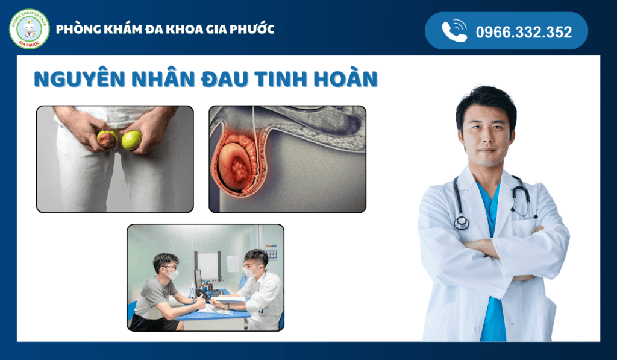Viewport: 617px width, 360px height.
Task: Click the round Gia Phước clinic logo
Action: point(30,29)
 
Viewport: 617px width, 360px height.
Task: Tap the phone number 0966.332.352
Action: point(524,32)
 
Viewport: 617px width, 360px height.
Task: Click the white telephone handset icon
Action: point(454,31)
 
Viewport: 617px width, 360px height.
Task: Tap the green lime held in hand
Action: point(132,140)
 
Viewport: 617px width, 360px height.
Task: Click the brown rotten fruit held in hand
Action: point(108,140)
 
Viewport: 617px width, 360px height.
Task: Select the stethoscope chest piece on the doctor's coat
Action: point(462,223)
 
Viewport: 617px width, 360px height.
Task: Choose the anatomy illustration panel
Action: point(287,159)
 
